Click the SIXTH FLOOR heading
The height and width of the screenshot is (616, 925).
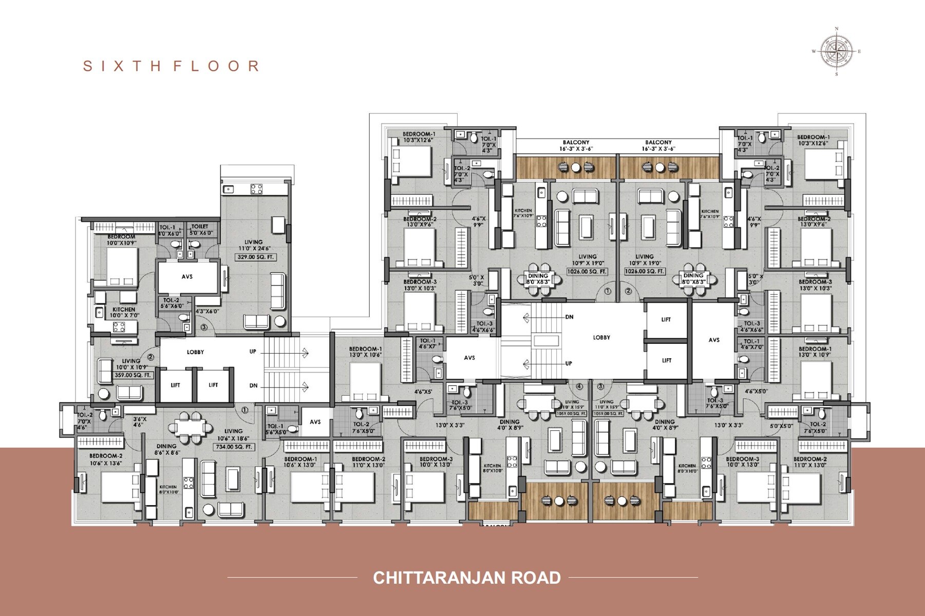171,66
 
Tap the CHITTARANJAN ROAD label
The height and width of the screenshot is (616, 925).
466,577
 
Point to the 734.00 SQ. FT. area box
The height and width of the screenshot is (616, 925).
234,447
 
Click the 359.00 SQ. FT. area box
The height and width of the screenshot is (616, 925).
133,375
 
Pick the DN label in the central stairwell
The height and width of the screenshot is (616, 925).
569,317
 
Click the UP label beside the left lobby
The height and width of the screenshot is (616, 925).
253,352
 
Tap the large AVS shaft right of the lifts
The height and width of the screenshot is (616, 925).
714,340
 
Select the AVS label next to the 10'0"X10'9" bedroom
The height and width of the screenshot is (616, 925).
187,277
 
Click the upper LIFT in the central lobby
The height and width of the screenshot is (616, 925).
666,319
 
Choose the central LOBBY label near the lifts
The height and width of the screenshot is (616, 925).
601,337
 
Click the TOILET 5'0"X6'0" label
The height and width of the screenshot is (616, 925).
200,229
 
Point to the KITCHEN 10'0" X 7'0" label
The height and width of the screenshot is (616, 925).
124,312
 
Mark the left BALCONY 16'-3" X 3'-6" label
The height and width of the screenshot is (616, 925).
576,145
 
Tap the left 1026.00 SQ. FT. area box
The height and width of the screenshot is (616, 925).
587,271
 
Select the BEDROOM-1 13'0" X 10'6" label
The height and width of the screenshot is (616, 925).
365,352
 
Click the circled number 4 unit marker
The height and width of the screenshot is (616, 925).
579,386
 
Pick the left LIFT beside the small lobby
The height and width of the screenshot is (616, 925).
175,384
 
